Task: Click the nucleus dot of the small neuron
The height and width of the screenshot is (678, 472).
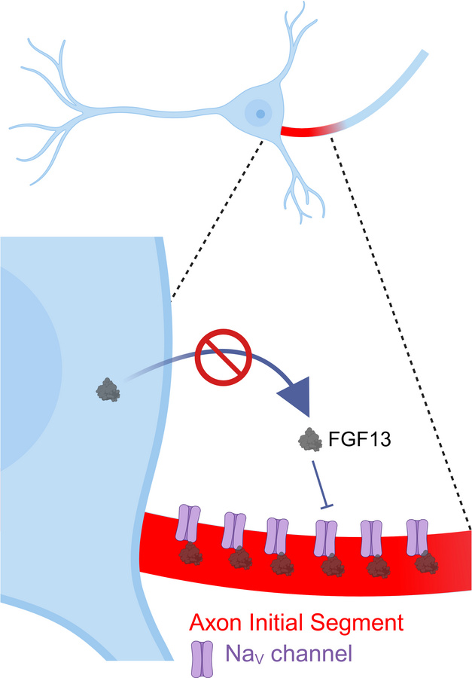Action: coord(260,115)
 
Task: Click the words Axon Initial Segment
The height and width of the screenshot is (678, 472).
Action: coord(297,622)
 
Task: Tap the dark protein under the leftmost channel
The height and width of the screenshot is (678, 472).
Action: coord(191,556)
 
